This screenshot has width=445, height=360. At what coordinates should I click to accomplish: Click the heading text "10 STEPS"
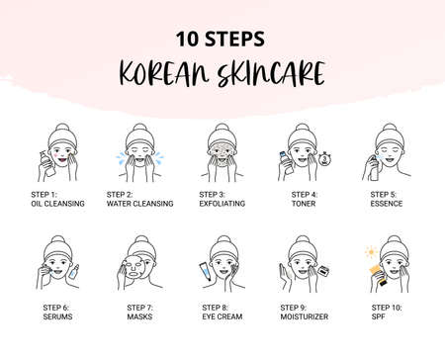(x=222, y=40)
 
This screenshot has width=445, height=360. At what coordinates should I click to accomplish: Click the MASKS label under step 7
(x=139, y=318)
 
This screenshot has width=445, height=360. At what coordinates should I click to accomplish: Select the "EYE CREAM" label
(x=220, y=318)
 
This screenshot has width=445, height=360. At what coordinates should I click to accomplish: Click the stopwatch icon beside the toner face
(x=325, y=156)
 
